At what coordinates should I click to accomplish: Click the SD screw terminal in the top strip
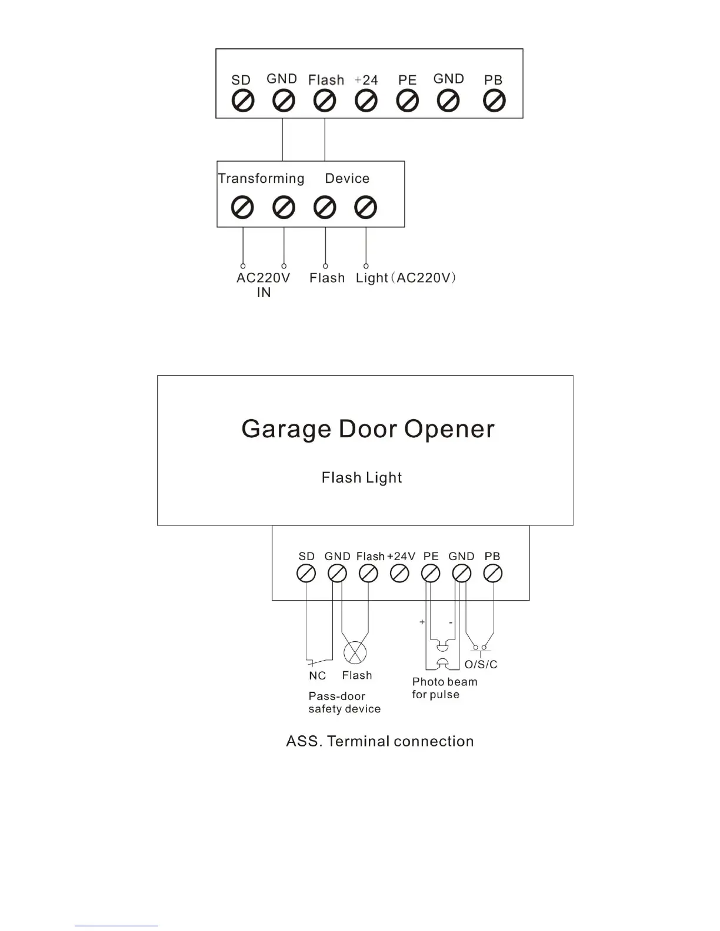pyautogui.click(x=242, y=102)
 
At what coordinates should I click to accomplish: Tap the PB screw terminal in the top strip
pyautogui.click(x=494, y=102)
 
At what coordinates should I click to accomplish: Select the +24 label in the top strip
pyautogui.click(x=366, y=80)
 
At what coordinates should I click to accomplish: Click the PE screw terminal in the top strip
pyautogui.click(x=407, y=102)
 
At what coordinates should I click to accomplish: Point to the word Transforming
pyautogui.click(x=261, y=179)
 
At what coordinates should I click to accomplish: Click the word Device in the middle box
pyautogui.click(x=347, y=179)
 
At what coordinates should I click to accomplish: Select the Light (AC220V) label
pyautogui.click(x=406, y=278)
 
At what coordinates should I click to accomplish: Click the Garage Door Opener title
pyautogui.click(x=368, y=429)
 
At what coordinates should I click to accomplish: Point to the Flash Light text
pyautogui.click(x=362, y=478)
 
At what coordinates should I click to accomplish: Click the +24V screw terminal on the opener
pyautogui.click(x=399, y=573)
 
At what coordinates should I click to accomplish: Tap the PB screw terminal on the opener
pyautogui.click(x=493, y=573)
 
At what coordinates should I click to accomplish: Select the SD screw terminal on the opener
pyautogui.click(x=306, y=573)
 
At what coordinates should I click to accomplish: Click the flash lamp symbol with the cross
pyautogui.click(x=355, y=652)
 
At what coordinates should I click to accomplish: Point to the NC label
pyautogui.click(x=317, y=676)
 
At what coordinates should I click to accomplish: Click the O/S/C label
pyautogui.click(x=481, y=665)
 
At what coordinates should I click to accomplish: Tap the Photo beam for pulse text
pyautogui.click(x=444, y=688)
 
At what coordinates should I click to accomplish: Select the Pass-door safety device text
pyautogui.click(x=344, y=703)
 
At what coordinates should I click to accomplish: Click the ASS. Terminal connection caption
pyautogui.click(x=379, y=742)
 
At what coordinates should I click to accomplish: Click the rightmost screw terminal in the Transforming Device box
pyautogui.click(x=366, y=207)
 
